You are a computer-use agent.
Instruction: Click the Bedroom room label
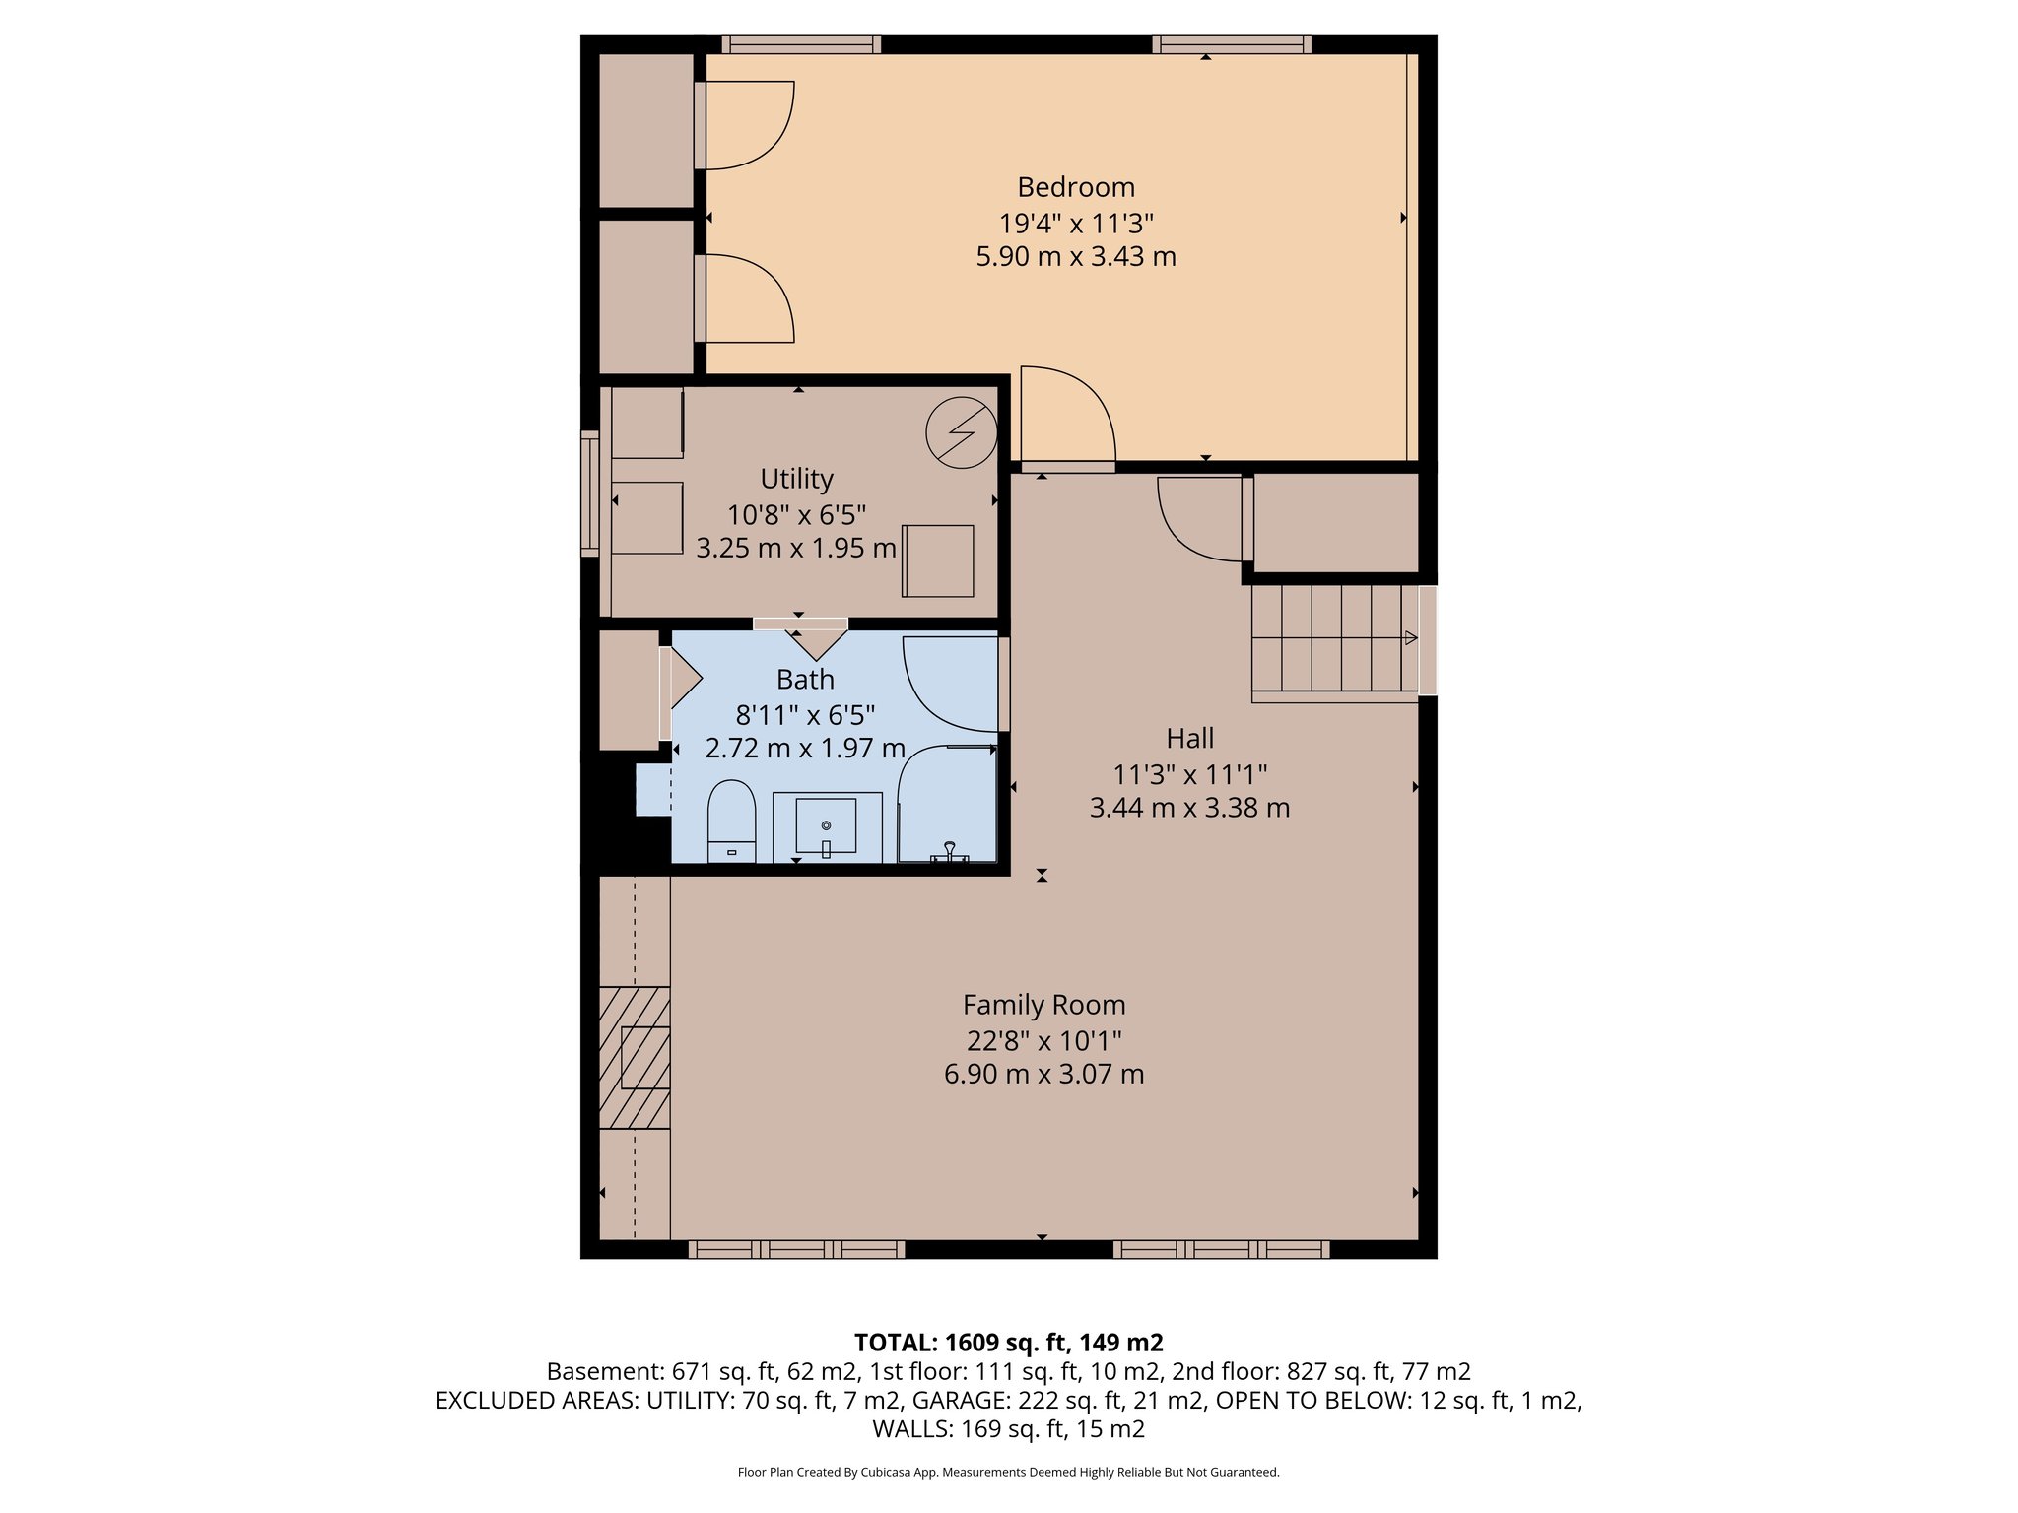click(x=1075, y=187)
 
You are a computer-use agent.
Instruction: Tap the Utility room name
click(x=796, y=479)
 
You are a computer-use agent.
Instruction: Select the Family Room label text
click(x=1043, y=1005)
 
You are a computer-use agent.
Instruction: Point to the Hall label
click(x=1189, y=738)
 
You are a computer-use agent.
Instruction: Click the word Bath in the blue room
click(x=805, y=680)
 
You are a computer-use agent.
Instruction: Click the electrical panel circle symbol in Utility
click(x=961, y=432)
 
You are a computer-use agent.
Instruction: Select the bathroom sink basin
click(x=826, y=825)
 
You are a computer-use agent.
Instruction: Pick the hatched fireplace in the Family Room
click(x=634, y=1057)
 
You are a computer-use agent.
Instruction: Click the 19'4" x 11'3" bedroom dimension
click(x=1075, y=223)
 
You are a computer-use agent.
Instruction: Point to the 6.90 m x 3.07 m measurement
click(x=1043, y=1074)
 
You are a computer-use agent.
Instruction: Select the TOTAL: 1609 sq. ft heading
click(x=1008, y=1343)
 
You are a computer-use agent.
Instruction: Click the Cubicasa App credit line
click(x=1008, y=1473)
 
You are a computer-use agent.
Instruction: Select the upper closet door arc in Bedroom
click(x=747, y=125)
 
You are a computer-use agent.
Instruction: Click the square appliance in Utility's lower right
click(x=938, y=560)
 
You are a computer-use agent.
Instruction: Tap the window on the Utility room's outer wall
click(x=589, y=493)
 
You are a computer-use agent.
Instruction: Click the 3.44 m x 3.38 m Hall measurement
click(x=1189, y=808)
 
